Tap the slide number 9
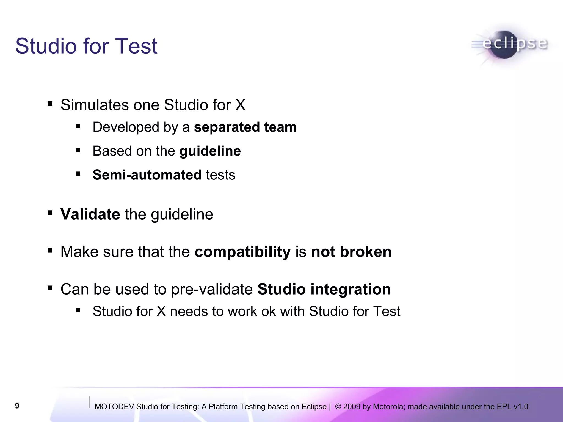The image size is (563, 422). tap(17, 406)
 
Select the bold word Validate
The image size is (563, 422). tap(90, 214)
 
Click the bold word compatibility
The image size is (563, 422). tap(242, 252)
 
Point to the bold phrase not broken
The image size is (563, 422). tap(351, 252)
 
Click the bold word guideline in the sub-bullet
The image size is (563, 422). tap(210, 151)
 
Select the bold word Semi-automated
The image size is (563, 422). tap(147, 175)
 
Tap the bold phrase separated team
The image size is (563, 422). tap(245, 127)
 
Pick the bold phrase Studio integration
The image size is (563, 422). tap(324, 289)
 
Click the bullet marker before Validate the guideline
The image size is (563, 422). tap(50, 213)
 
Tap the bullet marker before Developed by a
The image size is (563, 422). tap(78, 126)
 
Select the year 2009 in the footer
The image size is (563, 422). tap(352, 407)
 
